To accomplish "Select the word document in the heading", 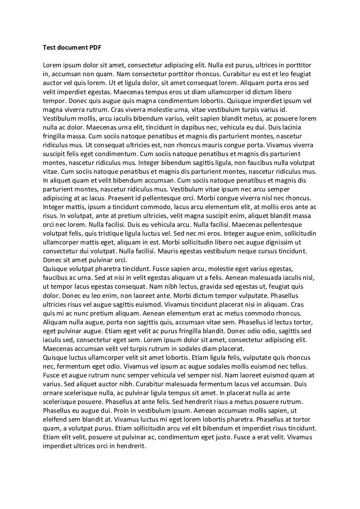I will tap(72, 48).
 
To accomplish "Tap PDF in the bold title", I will tap(95, 48).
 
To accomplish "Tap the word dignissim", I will tap(277, 242).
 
